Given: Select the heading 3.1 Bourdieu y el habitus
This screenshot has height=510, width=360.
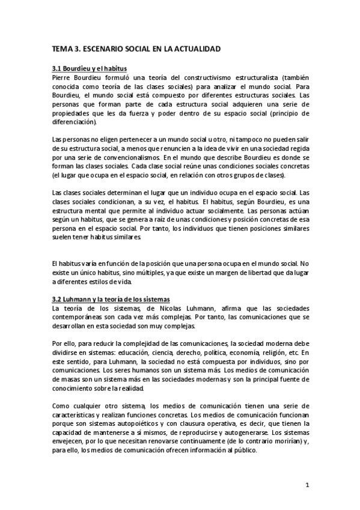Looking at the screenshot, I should (x=89, y=69).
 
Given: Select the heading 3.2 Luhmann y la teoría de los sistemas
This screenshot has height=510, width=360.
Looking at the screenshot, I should (x=112, y=299).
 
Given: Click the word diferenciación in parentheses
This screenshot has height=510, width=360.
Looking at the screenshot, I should (x=73, y=121).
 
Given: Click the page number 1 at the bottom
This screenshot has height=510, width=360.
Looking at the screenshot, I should (x=307, y=485).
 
